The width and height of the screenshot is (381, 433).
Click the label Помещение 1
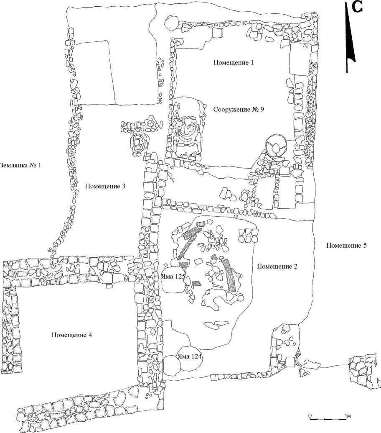234,63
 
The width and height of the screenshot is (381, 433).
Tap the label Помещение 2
277,266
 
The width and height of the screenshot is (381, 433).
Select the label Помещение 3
105,186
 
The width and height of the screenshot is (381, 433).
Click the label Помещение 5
346,245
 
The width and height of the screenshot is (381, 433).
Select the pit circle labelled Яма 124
190,358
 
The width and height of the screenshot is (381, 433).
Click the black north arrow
350,42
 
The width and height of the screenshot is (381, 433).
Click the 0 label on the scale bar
310,415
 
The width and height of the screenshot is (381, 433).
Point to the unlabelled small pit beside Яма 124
171,365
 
